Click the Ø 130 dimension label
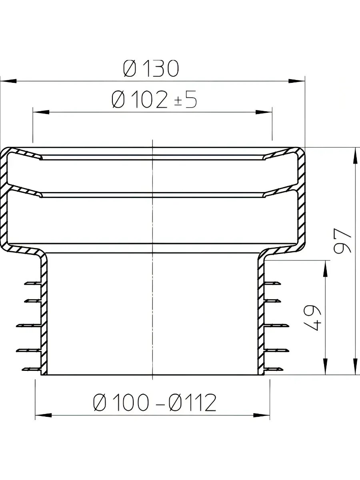[x=151, y=68]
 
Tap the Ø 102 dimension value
[x=140, y=100]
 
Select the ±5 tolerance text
[x=186, y=100]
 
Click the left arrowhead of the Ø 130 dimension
[x=8, y=81]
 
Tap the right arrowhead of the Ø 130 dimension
[x=297, y=81]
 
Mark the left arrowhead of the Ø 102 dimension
[x=41, y=112]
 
